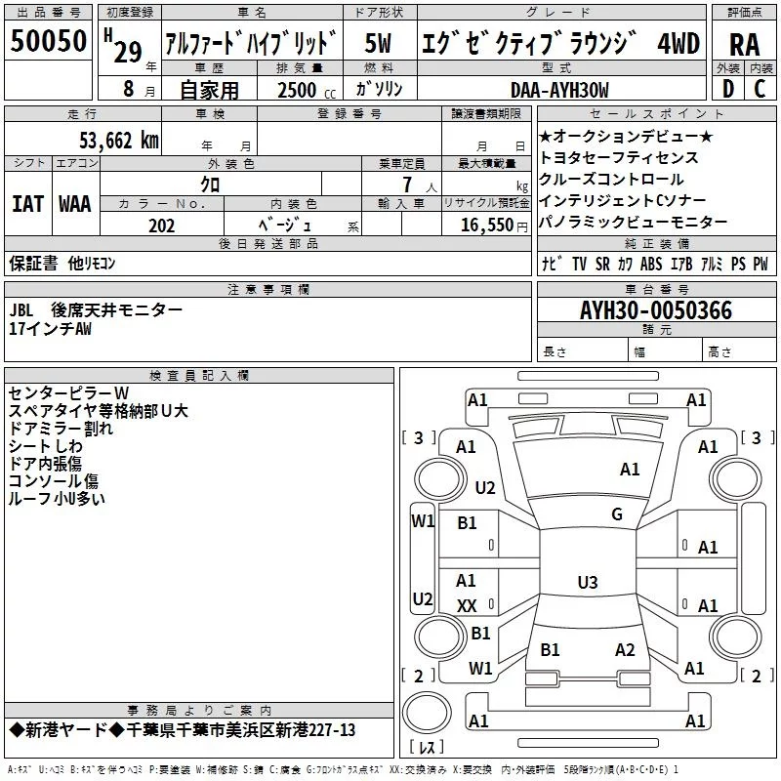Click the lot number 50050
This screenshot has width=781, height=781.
(48, 41)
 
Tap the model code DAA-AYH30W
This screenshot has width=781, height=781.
(559, 90)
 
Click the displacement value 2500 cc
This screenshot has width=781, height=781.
(299, 90)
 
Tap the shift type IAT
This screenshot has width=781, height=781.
(27, 204)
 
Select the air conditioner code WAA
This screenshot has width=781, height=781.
(75, 204)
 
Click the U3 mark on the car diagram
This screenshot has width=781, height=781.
(587, 583)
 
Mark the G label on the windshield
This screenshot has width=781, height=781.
(616, 514)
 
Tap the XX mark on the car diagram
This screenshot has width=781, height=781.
(467, 605)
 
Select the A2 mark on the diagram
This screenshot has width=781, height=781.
(625, 649)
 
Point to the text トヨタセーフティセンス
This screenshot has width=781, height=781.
(618, 157)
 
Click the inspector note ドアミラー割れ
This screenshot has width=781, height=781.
(61, 428)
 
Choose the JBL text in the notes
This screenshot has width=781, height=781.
(22, 309)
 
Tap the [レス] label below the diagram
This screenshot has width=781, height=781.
(426, 748)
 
